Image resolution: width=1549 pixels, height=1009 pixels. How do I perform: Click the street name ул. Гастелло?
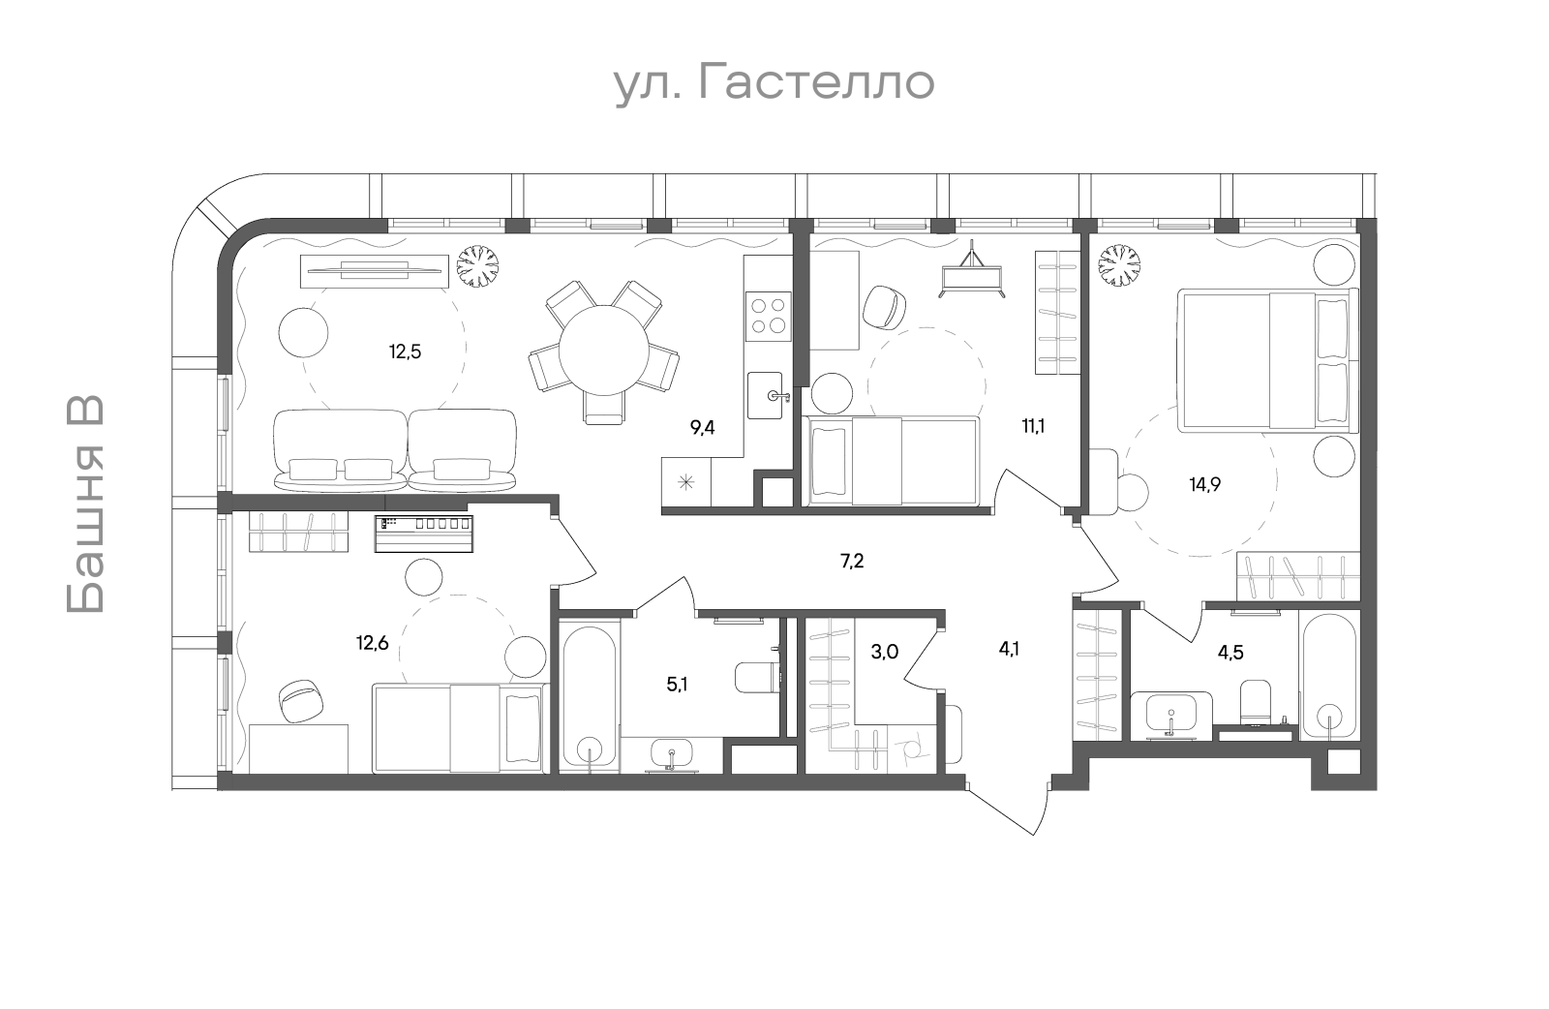pos(774,83)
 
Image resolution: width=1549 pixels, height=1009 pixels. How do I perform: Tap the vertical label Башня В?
pos(86,504)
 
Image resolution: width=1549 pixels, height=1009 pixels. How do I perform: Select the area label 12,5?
pos(406,352)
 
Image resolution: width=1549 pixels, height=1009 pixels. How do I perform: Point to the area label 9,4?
pos(703,427)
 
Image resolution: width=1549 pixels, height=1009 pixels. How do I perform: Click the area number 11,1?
pos(1034,426)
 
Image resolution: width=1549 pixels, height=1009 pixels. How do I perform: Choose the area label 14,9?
pos(1204,484)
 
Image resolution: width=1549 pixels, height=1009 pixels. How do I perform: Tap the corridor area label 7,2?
pos(852,561)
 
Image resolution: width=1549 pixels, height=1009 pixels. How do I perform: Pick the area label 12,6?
pos(373,643)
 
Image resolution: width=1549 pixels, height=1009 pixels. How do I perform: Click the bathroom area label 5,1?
pos(677,685)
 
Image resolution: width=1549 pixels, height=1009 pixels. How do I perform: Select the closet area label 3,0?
pos(885,652)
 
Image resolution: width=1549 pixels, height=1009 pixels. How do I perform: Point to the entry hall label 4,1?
pos(1009,649)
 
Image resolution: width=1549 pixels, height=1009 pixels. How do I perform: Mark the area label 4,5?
pos(1230,652)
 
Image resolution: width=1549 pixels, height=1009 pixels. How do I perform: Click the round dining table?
pos(604,351)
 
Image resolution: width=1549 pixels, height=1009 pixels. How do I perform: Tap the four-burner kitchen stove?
pos(768,316)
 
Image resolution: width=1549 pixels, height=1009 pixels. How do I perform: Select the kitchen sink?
pos(766,395)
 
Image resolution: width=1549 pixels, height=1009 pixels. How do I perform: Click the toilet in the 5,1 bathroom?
pos(757,678)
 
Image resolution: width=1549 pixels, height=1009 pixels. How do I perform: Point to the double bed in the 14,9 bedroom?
pos(1267,360)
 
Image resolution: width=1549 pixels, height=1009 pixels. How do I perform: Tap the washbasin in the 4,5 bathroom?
pos(1171,714)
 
